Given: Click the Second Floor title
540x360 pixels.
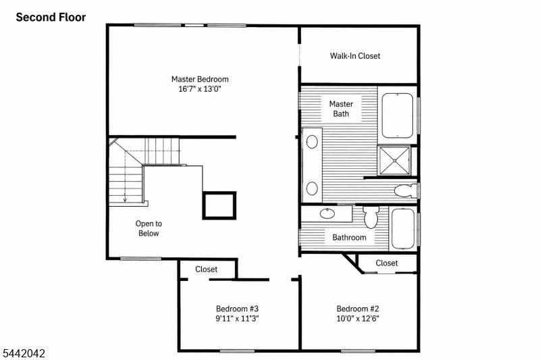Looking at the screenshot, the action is point(51,18).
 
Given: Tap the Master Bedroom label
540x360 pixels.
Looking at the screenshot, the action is point(200,79).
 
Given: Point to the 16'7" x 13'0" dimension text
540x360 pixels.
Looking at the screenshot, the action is point(199,89).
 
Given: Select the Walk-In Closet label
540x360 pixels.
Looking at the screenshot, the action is point(355,56).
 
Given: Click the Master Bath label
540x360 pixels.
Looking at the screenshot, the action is point(341,109).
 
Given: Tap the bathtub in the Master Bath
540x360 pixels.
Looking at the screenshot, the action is point(397,115).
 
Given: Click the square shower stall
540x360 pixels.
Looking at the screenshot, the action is point(394,160).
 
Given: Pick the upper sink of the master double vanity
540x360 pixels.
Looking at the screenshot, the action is point(312,142).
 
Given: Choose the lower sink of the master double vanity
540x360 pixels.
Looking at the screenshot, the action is point(312,188).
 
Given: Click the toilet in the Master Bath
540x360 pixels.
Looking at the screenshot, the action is point(406,190).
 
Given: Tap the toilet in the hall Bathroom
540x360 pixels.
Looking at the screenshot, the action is point(371,217).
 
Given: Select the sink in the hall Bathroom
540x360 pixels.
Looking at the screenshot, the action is point(327,214).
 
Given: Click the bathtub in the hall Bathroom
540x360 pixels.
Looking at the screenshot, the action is point(402,228).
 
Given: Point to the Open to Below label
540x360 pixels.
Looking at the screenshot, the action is point(148,228).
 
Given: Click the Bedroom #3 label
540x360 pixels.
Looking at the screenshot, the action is point(238,309).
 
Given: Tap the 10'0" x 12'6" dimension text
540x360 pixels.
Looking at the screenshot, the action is point(358,318).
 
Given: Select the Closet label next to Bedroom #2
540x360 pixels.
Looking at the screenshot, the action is point(387,263).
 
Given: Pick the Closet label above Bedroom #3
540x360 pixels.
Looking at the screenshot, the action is point(207,269).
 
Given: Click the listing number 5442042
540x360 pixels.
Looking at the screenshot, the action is point(24,353).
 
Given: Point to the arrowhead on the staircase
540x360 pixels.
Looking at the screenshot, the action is point(125,199).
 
